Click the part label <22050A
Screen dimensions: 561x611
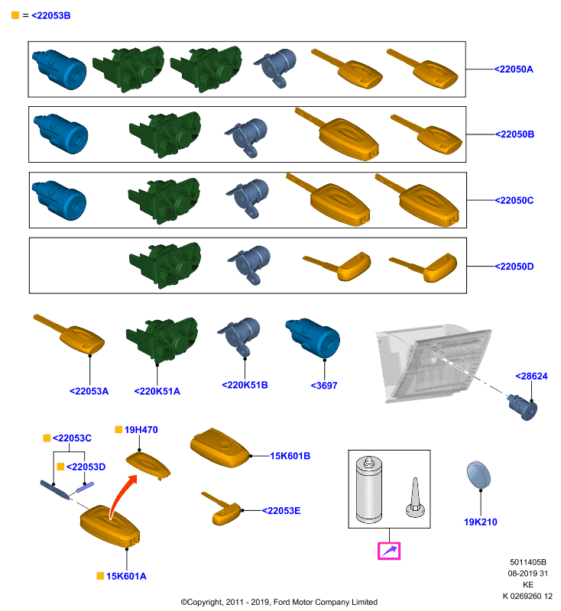click(514, 70)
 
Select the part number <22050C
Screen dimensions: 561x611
click(514, 200)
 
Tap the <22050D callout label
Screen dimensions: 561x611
click(514, 267)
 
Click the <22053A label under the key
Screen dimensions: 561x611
click(89, 391)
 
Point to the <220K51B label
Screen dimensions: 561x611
click(245, 385)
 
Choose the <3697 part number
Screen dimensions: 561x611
click(324, 386)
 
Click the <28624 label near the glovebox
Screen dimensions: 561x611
click(531, 376)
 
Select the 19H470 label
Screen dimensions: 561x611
click(141, 430)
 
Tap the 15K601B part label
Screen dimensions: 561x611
click(290, 456)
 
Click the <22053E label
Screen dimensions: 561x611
click(281, 511)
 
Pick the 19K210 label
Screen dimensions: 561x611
click(480, 522)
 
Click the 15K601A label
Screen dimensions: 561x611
click(126, 577)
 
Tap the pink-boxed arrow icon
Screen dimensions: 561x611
click(389, 551)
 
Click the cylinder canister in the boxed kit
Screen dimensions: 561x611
click(369, 490)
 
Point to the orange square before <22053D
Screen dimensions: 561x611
click(60, 467)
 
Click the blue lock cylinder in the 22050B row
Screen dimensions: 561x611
click(61, 133)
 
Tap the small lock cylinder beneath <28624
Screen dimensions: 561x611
click(523, 407)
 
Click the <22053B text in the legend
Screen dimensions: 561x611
click(50, 15)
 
